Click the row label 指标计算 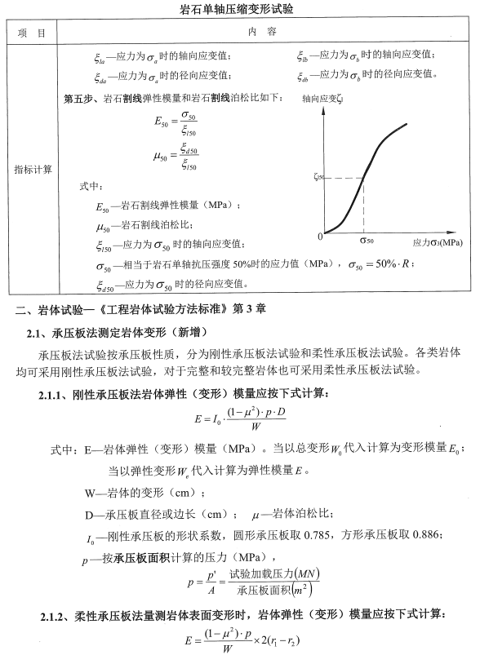click(x=33, y=170)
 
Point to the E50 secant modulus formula click(x=176, y=122)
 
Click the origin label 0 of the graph click(x=321, y=236)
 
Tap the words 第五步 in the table click(x=78, y=99)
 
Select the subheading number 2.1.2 click(x=55, y=614)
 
